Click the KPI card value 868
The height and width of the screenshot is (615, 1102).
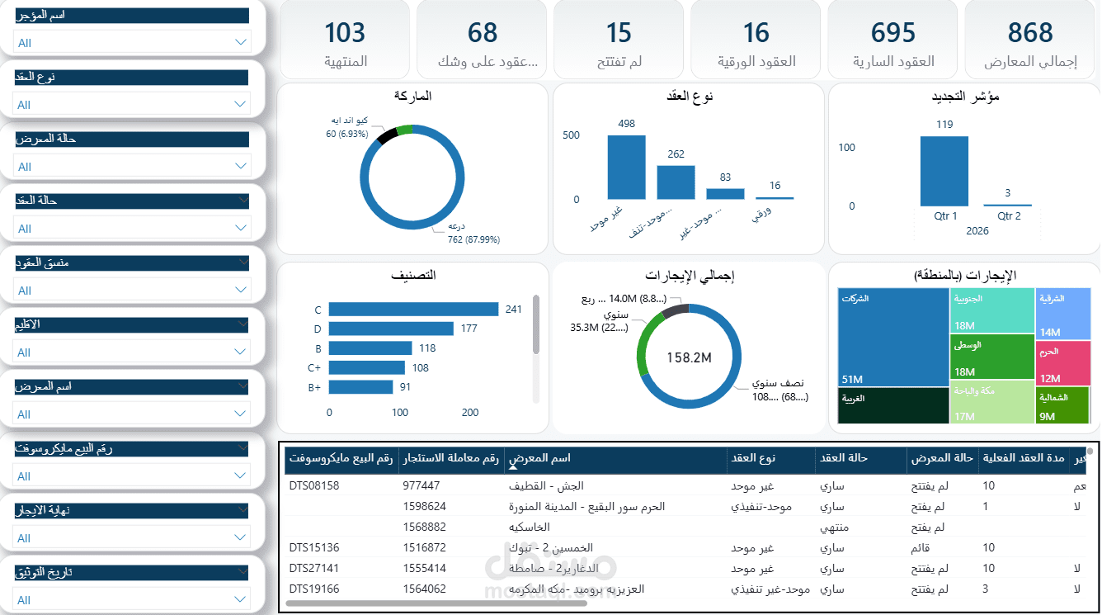pos(1030,33)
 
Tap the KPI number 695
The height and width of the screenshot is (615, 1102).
pos(893,33)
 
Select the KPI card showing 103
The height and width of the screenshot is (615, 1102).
pos(345,33)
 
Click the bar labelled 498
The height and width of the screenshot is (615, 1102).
pos(626,167)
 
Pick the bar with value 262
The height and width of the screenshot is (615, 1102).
pos(676,182)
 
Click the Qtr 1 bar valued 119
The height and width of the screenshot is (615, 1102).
pos(944,171)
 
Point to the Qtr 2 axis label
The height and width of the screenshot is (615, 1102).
pos(1009,216)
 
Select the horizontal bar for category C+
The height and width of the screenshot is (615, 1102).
pos(366,367)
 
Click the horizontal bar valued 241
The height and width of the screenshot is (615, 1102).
pos(413,310)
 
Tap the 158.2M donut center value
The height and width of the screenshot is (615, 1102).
pos(689,357)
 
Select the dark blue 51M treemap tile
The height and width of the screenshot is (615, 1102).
pos(892,337)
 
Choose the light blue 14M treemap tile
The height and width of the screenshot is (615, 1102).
pos(1062,314)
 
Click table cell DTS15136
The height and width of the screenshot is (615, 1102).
pos(314,548)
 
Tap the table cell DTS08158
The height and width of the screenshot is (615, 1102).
pos(314,486)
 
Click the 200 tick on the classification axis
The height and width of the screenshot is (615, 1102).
pos(470,413)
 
